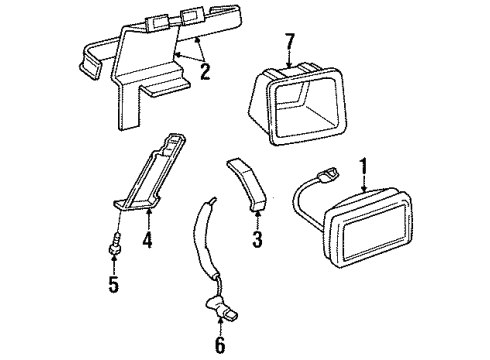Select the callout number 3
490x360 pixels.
256,241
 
